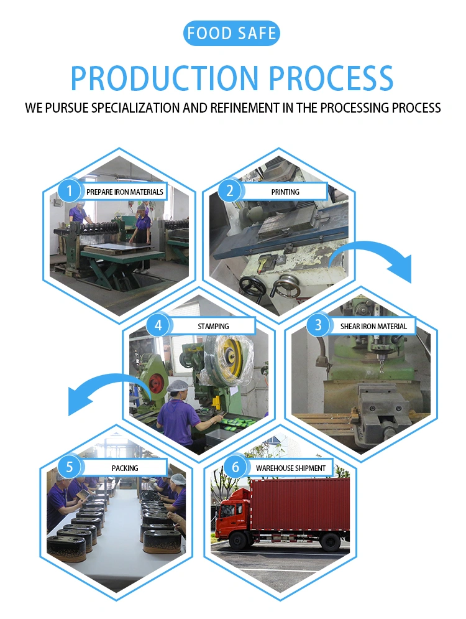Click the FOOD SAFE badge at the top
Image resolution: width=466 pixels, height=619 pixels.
click(231, 33)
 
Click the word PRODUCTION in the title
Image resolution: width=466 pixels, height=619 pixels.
click(164, 78)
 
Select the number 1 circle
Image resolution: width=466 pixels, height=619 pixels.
click(70, 191)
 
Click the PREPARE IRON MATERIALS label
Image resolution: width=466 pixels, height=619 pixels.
click(125, 192)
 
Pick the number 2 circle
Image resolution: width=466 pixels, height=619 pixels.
click(229, 191)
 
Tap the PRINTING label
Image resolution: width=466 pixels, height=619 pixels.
click(285, 192)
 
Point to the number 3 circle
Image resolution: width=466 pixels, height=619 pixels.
click(318, 325)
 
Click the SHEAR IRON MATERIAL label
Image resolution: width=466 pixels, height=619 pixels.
click(373, 326)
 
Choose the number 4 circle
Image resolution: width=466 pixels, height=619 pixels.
click(158, 325)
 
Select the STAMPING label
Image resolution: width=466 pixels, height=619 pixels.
click(213, 326)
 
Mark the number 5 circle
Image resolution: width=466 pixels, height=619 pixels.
click(70, 467)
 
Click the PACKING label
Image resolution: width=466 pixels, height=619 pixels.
click(125, 468)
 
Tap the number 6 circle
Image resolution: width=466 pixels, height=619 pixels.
click(235, 467)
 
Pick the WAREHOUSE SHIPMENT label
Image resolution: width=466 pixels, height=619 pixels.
click(291, 468)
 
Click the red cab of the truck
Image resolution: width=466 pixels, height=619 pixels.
click(232, 513)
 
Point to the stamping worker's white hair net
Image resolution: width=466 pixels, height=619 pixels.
click(178, 386)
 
